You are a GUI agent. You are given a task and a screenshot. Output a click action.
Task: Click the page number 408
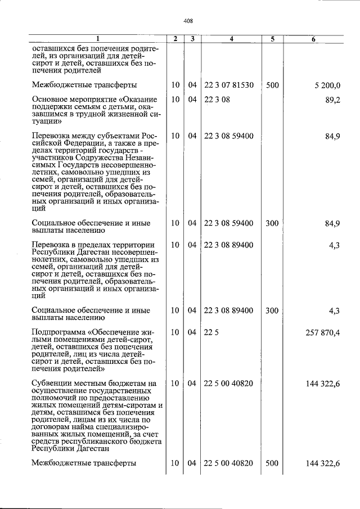(x=188, y=21)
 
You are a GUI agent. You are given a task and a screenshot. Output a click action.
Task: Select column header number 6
(x=313, y=39)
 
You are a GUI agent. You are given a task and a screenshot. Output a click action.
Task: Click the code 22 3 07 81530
(x=229, y=85)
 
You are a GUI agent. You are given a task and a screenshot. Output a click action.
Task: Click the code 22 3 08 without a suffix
(x=215, y=100)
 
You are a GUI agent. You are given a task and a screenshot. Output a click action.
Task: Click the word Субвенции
(x=55, y=384)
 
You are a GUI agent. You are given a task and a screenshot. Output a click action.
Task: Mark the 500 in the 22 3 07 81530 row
(x=272, y=85)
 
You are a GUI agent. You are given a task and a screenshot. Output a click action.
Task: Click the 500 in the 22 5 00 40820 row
(x=272, y=463)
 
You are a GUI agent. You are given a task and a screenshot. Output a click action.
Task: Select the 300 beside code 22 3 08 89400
(x=272, y=310)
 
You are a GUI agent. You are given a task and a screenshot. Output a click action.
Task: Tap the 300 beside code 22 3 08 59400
(x=272, y=223)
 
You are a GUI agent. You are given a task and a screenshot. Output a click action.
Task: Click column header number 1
(x=98, y=39)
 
